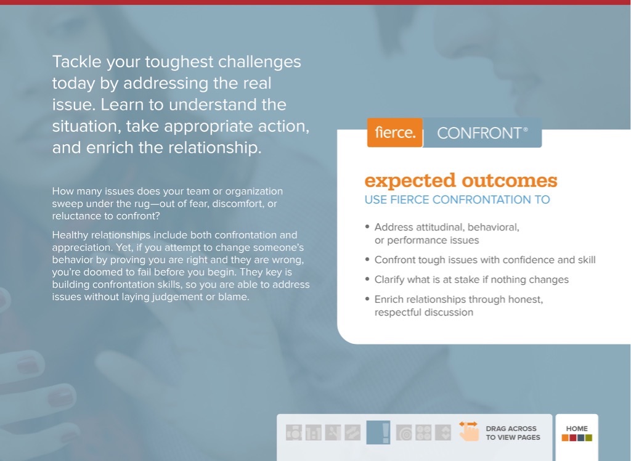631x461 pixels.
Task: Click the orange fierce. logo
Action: [x=395, y=133]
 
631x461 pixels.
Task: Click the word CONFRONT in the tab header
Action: [x=479, y=133]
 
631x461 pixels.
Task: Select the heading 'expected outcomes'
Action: [x=460, y=181]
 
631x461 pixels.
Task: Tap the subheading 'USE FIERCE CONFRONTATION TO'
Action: [x=457, y=200]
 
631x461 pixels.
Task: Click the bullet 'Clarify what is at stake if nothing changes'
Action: [x=471, y=279]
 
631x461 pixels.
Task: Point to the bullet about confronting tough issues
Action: [x=485, y=259]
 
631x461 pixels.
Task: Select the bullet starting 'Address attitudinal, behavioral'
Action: [x=447, y=233]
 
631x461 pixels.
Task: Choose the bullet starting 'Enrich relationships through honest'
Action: [x=458, y=306]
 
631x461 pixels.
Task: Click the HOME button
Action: [x=577, y=432]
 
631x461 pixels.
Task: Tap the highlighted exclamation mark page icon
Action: [x=378, y=433]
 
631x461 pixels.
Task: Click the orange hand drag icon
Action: [x=468, y=431]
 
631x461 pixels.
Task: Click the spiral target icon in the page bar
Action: [x=404, y=433]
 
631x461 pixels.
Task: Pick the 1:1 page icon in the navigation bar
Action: [x=313, y=433]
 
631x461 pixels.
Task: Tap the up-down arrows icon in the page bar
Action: [x=442, y=433]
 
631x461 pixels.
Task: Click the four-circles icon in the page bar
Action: [x=423, y=433]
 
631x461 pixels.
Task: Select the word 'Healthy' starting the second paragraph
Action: [x=70, y=235]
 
